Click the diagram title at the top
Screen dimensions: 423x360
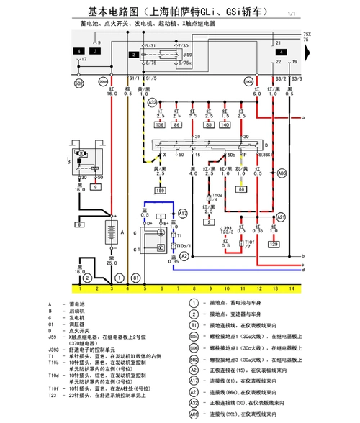(176, 12)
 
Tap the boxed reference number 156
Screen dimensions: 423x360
(160, 124)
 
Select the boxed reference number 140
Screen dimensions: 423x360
(225, 124)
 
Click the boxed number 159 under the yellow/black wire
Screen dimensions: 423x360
(160, 190)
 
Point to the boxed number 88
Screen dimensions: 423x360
(242, 188)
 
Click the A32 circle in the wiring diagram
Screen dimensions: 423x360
(152, 103)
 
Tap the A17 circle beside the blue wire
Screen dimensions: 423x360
(182, 214)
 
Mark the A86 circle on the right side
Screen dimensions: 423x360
(282, 173)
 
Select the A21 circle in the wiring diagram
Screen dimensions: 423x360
(282, 217)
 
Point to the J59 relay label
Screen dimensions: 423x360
(187, 54)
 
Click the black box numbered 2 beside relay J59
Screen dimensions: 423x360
(134, 54)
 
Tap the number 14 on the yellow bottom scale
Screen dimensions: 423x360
(292, 288)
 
